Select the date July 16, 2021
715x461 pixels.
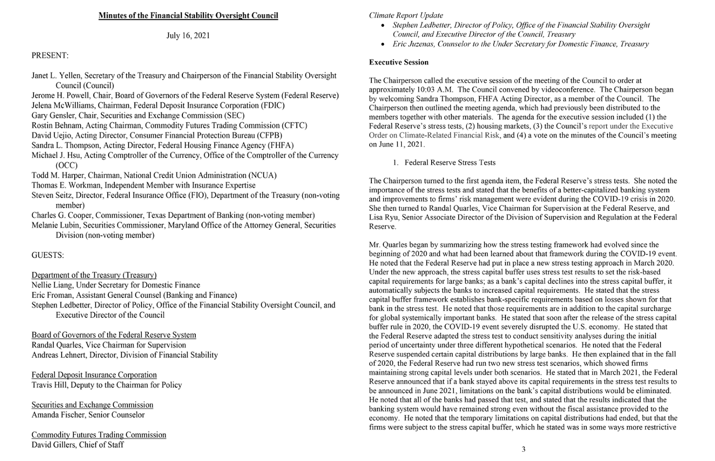click(188, 36)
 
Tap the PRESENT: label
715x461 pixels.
click(50, 56)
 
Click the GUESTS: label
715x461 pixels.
click(48, 256)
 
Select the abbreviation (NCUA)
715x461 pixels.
click(262, 176)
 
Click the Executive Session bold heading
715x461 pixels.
click(399, 63)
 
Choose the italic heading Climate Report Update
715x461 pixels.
click(406, 16)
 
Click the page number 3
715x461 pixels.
click(523, 449)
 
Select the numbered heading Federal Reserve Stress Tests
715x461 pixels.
click(450, 163)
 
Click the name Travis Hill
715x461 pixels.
click(49, 385)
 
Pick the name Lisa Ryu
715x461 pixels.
click(383, 218)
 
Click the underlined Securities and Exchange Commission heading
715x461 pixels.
click(92, 405)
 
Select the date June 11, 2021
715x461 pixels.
click(397, 145)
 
